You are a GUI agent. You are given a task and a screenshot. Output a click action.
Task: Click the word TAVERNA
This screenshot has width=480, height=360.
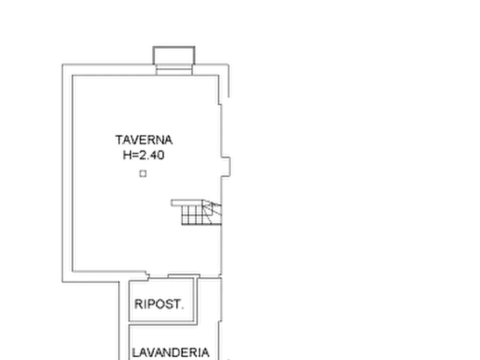pos(144,140)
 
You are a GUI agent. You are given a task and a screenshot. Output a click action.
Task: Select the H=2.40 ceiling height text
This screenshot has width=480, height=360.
pos(144,155)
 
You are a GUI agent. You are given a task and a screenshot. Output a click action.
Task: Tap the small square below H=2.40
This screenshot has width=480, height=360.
pos(143,174)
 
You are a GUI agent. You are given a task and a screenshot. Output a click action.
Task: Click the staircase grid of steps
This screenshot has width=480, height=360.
pos(192,215)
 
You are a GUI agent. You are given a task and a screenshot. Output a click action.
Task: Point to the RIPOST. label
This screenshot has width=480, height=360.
pos(159,304)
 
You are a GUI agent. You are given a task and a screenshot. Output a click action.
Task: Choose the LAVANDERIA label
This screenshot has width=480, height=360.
pos(170,352)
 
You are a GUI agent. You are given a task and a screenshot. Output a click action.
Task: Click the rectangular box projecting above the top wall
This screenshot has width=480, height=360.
pos(174,55)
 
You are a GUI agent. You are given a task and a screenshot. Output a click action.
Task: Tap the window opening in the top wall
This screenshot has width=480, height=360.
pos(174,70)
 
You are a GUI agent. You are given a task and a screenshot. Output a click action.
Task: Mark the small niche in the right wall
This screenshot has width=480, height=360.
pos(226,167)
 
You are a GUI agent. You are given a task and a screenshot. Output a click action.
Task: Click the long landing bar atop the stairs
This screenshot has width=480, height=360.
pos(188,203)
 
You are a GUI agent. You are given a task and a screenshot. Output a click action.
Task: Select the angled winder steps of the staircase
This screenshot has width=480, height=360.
pos(212,212)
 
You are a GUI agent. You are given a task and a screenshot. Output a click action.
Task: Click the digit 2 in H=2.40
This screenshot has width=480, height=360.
pos(142,155)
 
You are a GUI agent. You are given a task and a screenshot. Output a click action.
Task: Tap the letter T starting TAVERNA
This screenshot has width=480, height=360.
pos(119,140)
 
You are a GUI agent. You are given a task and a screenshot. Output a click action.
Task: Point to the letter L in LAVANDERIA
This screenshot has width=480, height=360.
pos(135,352)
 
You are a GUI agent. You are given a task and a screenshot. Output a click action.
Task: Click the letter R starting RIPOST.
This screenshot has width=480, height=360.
pos(138,304)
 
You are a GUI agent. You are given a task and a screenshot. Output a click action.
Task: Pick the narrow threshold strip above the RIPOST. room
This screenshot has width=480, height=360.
pos(184,276)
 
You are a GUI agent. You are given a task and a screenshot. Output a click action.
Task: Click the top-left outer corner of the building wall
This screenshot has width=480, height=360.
pos(62,64)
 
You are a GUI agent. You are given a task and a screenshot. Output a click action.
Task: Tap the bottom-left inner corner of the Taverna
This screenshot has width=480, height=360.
pos(73,271)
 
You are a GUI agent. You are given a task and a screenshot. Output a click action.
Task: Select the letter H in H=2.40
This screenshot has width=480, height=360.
pos(126,155)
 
